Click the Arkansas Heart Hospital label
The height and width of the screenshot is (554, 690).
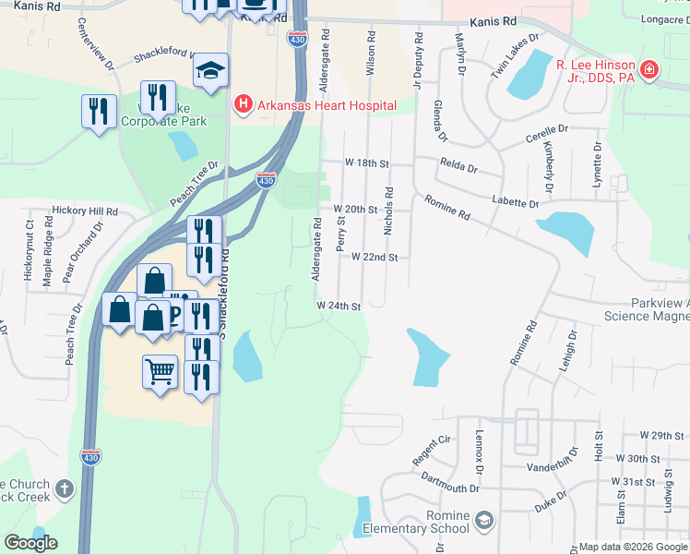(327, 105)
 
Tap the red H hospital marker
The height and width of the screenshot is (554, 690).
(244, 104)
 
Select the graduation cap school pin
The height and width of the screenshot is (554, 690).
(211, 70)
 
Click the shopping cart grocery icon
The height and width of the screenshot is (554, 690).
(161, 372)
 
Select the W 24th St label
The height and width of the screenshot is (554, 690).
(338, 305)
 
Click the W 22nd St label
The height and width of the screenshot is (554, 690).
(375, 257)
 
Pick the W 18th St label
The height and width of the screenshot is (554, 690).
(362, 162)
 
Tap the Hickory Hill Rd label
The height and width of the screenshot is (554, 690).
(85, 211)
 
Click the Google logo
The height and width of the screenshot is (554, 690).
(30, 543)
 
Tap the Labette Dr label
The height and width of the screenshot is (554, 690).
(515, 202)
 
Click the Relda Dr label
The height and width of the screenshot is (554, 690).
(459, 169)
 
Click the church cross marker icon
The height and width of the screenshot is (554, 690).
(64, 488)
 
